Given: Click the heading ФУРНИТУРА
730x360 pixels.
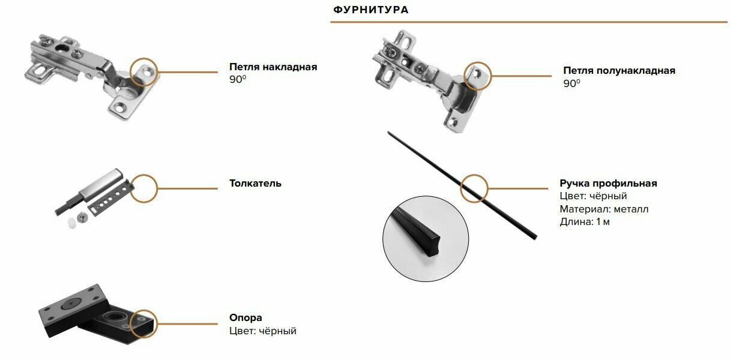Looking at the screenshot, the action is coord(370,10).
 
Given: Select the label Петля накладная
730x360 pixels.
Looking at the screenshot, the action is coord(273,67).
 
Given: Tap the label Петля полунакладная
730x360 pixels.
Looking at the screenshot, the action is coord(619,70).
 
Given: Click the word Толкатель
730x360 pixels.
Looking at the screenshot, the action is coord(255,183).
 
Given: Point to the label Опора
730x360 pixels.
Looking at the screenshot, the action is coord(246,318).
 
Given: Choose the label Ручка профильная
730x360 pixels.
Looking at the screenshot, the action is coord(608,183).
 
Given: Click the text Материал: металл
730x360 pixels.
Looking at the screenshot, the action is coord(604,209).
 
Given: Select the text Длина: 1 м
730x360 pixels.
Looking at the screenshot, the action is coord(585,222).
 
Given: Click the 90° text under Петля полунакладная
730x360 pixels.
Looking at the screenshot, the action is coord(572,83).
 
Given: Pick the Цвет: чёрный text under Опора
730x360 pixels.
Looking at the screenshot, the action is coord(263,331).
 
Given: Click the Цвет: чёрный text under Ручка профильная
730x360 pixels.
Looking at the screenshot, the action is coord(593,196).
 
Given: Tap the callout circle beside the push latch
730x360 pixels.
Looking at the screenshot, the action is coord(144,188).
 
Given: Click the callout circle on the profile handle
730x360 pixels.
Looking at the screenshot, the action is coord(474,188).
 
